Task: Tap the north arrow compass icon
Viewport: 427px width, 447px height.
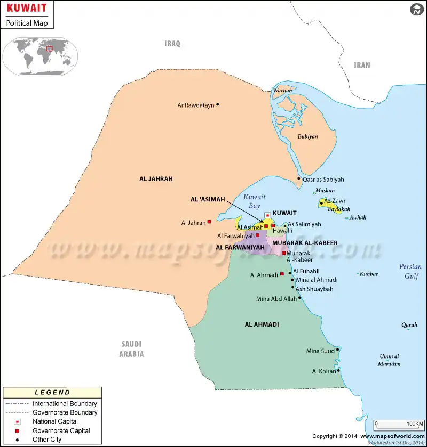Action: pyautogui.click(x=416, y=10)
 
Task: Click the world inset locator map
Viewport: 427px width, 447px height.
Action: pyautogui.click(x=41, y=56)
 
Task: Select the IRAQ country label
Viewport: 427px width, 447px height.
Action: pyautogui.click(x=172, y=44)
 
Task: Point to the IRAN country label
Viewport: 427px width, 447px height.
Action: pyautogui.click(x=362, y=65)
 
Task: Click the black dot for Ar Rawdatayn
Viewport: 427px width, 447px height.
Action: pyautogui.click(x=218, y=104)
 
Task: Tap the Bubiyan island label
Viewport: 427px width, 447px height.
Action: pyautogui.click(x=307, y=136)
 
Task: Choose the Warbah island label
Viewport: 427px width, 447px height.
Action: pyautogui.click(x=282, y=91)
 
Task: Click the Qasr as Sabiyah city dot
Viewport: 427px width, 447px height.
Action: pyautogui.click(x=299, y=178)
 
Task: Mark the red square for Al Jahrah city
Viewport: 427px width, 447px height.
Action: pyautogui.click(x=209, y=222)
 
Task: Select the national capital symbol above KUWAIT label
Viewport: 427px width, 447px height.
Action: pyautogui.click(x=268, y=215)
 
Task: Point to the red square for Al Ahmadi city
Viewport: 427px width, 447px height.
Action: pyautogui.click(x=282, y=274)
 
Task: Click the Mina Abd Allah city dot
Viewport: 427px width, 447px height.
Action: pyautogui.click(x=300, y=298)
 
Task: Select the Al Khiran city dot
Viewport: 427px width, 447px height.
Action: pyautogui.click(x=338, y=370)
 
